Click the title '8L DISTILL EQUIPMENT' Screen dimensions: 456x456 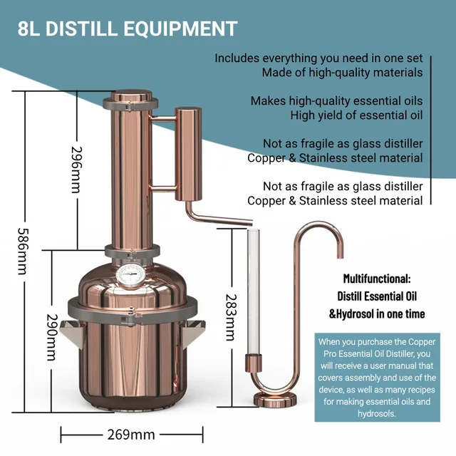point(128,28)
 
